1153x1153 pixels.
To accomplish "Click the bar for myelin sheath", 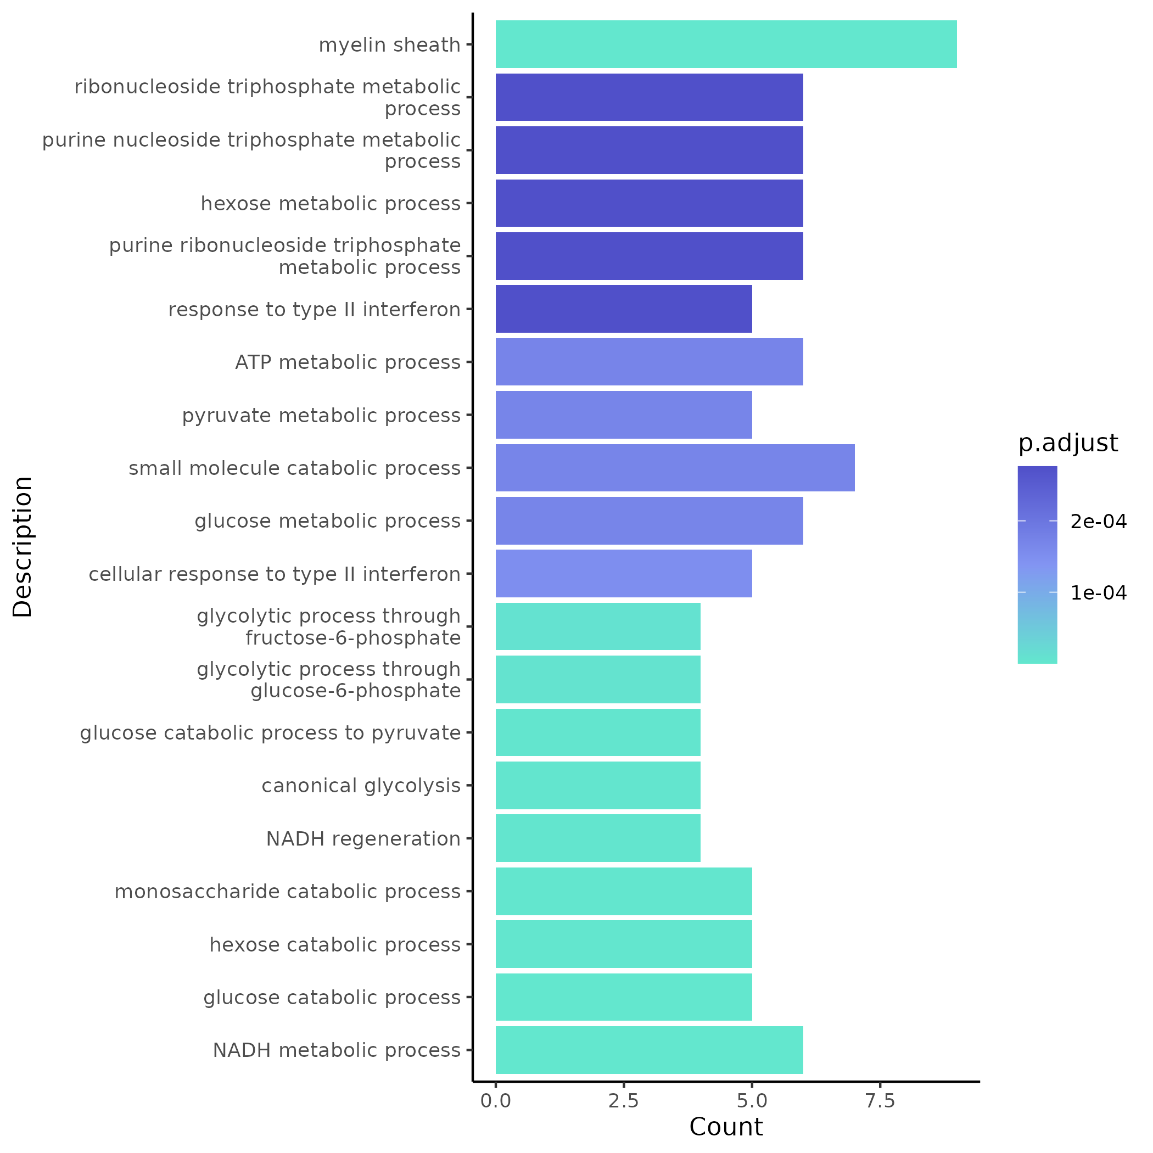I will pos(726,44).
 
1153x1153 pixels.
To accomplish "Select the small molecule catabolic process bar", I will pos(674,468).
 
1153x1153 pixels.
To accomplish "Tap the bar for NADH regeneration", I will pos(597,838).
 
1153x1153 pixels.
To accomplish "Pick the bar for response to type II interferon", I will pos(623,309).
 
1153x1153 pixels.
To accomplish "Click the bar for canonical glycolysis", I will pos(597,785).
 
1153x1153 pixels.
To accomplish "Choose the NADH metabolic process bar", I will pos(649,1050).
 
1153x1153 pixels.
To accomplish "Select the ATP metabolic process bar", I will pos(649,362).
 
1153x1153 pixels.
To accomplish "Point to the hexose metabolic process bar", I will pos(649,204).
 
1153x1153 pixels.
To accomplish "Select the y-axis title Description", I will pos(23,547).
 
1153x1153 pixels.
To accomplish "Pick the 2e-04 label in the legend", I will pos(1098,522).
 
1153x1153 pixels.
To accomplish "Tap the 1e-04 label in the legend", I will pos(1098,593).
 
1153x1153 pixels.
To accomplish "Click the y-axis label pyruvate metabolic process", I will pos(321,416).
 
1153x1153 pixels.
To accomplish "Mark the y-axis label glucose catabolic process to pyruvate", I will pos(270,733).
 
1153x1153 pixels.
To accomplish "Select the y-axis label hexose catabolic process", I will pos(335,945).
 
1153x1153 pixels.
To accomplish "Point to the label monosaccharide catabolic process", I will pos(287,892).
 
